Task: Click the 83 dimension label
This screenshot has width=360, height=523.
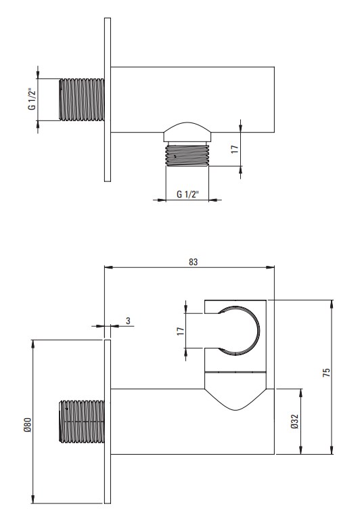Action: coord(193,262)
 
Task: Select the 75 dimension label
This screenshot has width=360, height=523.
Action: coord(326,372)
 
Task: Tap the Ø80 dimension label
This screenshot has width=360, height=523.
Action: coord(27,425)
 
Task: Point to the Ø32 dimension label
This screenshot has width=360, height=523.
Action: coord(294,422)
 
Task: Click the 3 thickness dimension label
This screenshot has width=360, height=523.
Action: coord(128,321)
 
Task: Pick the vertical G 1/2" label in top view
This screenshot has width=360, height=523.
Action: coord(32,99)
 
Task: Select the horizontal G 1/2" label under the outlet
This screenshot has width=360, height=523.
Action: coord(187,194)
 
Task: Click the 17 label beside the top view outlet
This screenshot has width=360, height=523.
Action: coord(235,149)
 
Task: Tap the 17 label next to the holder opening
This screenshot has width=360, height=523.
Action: coord(181,331)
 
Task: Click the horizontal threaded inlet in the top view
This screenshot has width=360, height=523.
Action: coord(82,99)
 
